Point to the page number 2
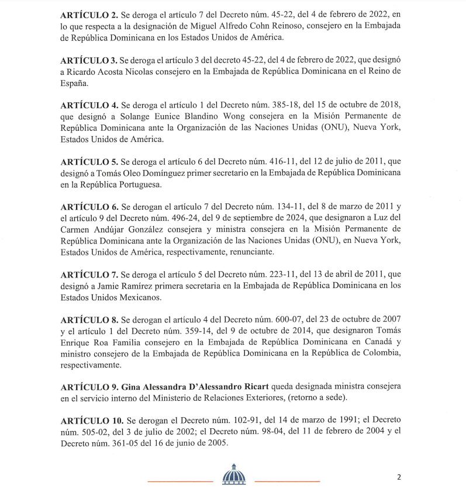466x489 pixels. click(x=399, y=476)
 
